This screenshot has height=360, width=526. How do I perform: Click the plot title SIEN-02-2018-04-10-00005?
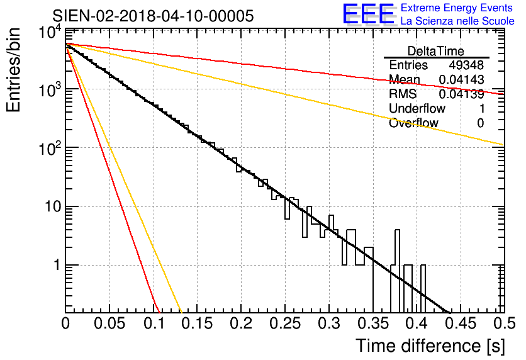[x=153, y=16]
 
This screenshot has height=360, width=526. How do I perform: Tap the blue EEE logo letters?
[x=369, y=14]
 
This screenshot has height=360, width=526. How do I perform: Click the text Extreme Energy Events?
[x=457, y=8]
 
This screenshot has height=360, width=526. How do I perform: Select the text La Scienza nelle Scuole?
[x=457, y=21]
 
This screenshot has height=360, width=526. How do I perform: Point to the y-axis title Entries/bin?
[x=13, y=70]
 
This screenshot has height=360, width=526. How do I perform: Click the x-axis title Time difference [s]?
[x=430, y=346]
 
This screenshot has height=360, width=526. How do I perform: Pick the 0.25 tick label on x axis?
[x=285, y=323]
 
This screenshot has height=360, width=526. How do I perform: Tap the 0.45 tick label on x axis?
[x=461, y=323]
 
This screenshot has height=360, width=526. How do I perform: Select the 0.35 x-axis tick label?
[x=373, y=323]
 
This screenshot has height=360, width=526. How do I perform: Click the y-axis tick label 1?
[x=57, y=266]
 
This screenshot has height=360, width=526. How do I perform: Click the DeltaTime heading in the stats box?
[x=436, y=51]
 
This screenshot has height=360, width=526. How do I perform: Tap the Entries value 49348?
[x=466, y=65]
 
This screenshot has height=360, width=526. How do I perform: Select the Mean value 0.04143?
[x=461, y=79]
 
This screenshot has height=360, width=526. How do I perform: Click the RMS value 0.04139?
[x=461, y=94]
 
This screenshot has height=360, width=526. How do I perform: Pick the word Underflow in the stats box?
[x=417, y=108]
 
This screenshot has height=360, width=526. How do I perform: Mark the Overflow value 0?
[x=480, y=123]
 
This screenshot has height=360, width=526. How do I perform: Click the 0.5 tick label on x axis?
[x=505, y=323]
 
